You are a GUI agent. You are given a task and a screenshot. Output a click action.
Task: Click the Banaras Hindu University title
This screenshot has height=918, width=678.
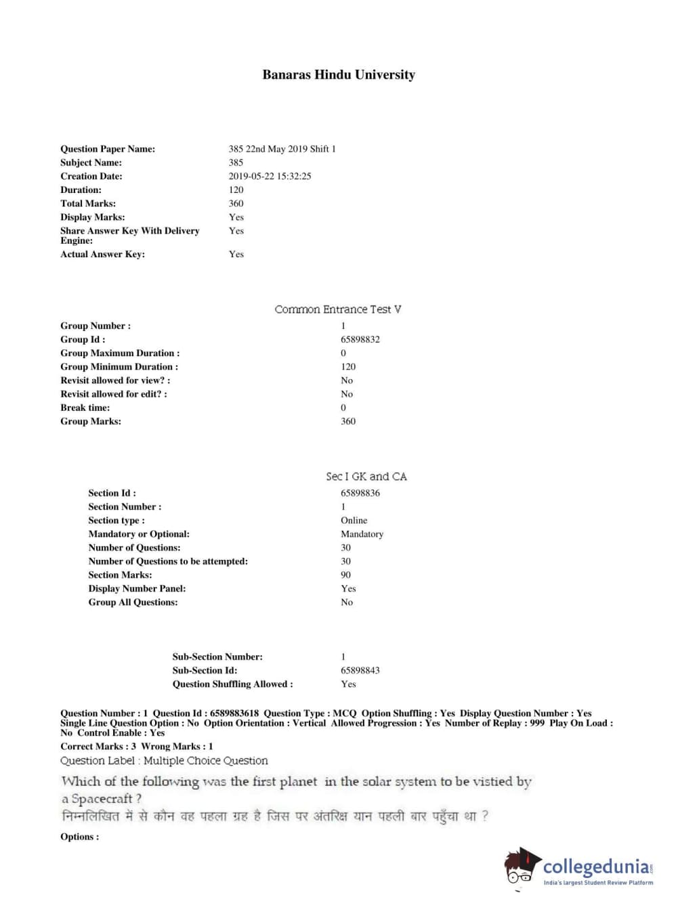click(x=339, y=75)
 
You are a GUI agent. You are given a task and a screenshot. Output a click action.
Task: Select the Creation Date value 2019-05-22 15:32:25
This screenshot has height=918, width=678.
click(x=270, y=176)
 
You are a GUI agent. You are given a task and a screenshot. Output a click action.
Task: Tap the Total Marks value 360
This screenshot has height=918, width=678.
click(x=236, y=203)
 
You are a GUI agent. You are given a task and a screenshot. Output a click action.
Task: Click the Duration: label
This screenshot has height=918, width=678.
click(x=81, y=190)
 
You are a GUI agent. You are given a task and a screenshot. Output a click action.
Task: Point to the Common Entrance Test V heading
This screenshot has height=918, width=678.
click(x=337, y=309)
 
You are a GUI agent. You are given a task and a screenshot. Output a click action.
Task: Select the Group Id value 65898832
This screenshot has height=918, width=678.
click(x=360, y=339)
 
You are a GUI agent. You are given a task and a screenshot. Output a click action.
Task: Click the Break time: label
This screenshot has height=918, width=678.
click(x=85, y=408)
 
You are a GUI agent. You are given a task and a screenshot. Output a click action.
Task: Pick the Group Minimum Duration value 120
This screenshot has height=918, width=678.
click(x=347, y=366)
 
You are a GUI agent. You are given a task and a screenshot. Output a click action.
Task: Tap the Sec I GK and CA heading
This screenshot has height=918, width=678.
click(x=366, y=477)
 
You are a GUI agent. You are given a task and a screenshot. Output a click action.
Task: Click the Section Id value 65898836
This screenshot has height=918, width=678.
click(x=360, y=493)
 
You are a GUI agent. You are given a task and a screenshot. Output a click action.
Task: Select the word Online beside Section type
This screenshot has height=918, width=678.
click(x=354, y=520)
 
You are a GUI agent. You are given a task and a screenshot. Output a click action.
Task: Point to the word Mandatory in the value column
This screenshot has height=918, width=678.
click(x=362, y=533)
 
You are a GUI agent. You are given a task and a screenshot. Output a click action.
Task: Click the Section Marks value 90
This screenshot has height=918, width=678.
click(x=345, y=575)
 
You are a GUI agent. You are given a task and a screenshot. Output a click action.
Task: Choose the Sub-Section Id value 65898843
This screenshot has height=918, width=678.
click(x=360, y=670)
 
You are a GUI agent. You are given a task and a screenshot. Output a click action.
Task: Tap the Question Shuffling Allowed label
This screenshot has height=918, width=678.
click(x=232, y=684)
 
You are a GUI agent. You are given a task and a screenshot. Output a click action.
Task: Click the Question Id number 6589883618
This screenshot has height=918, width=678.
click(x=234, y=713)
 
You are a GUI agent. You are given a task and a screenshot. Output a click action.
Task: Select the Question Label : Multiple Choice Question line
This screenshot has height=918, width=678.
click(x=164, y=761)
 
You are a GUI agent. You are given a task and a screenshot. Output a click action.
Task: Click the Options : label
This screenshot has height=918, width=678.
click(x=79, y=837)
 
